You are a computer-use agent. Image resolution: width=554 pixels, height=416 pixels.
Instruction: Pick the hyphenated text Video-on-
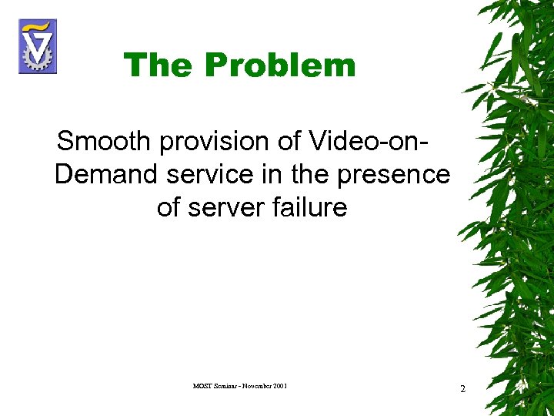coord(369,142)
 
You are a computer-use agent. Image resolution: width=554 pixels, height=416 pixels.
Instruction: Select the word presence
coord(392,175)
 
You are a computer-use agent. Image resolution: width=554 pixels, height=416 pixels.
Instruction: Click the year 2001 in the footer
coord(279,385)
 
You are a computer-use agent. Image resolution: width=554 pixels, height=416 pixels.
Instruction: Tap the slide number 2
coord(462,389)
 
